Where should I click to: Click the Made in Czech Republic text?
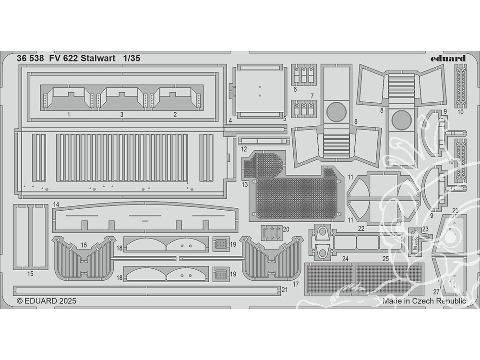coord(424,301)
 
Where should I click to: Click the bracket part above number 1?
coord(69,98)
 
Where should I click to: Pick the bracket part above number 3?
coord(122,98)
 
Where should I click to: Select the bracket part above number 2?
coord(175,98)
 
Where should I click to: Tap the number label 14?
coord(56,204)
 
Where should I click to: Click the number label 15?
coord(30,274)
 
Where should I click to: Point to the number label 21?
coord(285,289)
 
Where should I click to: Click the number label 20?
coord(286,229)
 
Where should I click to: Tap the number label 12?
coord(244,149)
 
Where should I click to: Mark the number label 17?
coord(296,284)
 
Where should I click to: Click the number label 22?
coord(361,229)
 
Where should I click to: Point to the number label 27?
coord(436,291)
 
